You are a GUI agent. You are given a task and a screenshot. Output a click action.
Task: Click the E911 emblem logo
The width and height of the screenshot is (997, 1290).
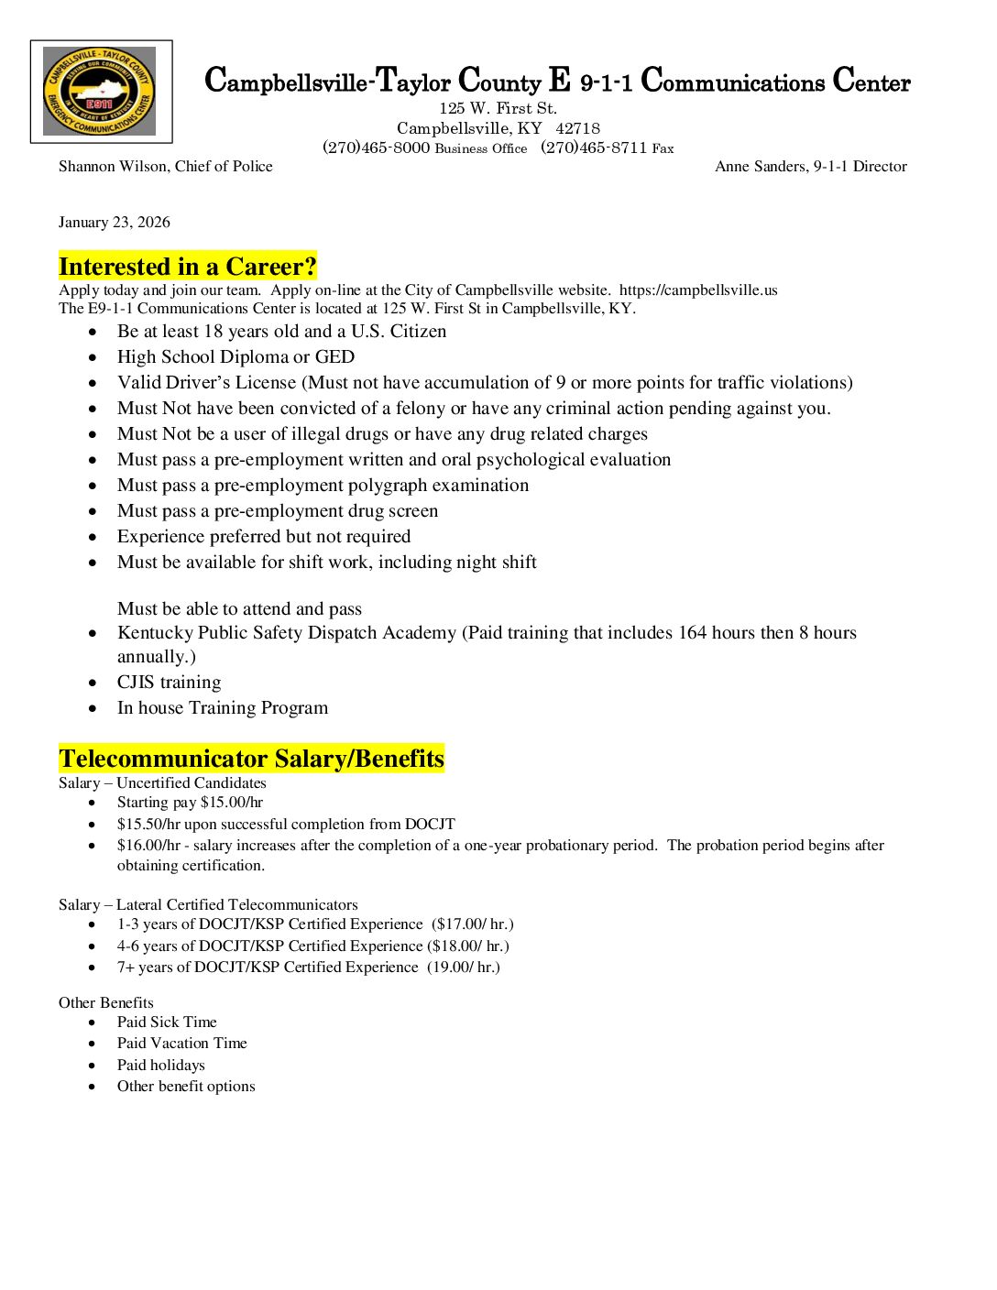point(100,92)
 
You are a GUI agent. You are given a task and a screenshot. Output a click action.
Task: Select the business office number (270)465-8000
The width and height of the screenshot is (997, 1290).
point(376,148)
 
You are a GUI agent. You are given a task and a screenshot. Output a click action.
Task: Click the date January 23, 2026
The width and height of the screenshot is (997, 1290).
point(115,223)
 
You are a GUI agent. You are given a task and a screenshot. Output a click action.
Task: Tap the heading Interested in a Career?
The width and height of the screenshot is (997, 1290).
point(188,267)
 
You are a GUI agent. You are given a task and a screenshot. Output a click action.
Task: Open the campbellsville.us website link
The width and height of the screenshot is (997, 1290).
point(698,290)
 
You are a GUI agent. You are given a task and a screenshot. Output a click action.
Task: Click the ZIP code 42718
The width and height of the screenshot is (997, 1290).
point(577,128)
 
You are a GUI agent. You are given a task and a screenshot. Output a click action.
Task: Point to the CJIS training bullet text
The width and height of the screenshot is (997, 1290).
point(169,683)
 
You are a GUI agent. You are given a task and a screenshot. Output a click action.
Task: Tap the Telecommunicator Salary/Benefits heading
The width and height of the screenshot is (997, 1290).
point(251,759)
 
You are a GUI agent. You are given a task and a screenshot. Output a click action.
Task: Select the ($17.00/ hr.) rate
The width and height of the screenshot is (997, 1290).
point(473,924)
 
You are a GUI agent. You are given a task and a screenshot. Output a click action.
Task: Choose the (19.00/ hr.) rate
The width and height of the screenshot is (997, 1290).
point(464,967)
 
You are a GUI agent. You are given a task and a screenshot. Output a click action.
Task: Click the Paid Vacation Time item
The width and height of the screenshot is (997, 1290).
point(181,1044)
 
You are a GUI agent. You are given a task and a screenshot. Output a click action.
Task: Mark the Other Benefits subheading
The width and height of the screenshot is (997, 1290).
point(106,1003)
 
